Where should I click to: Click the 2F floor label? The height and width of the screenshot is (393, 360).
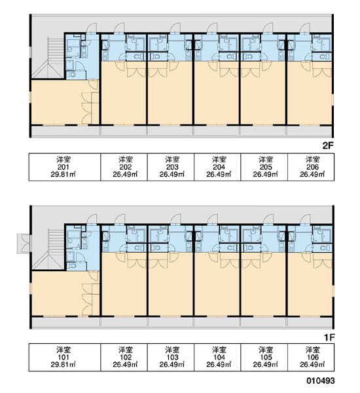pos(328,145)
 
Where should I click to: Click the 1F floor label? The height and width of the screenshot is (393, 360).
pos(329,337)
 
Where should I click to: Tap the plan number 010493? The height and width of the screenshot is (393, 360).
pos(321,381)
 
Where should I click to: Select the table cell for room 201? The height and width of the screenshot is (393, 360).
pos(65,167)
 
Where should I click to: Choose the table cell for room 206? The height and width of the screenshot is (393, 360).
pos(311,167)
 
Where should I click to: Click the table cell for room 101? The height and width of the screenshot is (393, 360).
pos(65,357)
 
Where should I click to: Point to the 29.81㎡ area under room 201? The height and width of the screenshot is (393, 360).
pos(63,174)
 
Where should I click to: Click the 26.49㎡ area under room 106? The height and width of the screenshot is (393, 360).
pos(312,364)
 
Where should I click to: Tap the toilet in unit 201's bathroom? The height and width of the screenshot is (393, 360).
pos(73,75)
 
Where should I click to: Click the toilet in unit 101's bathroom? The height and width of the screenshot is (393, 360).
pos(73,266)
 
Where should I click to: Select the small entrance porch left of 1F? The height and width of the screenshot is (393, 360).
pos(24,243)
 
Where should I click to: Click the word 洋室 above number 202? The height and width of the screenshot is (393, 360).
pos(126,159)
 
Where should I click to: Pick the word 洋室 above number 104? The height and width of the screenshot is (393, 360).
pos(219,350)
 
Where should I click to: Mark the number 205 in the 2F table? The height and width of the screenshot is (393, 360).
pos(266,167)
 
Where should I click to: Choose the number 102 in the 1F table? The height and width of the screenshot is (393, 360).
pos(126,357)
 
